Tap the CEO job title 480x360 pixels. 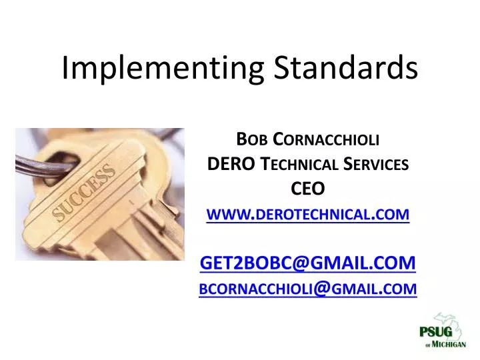pyautogui.click(x=309, y=189)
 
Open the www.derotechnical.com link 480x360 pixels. pyautogui.click(x=309, y=214)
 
